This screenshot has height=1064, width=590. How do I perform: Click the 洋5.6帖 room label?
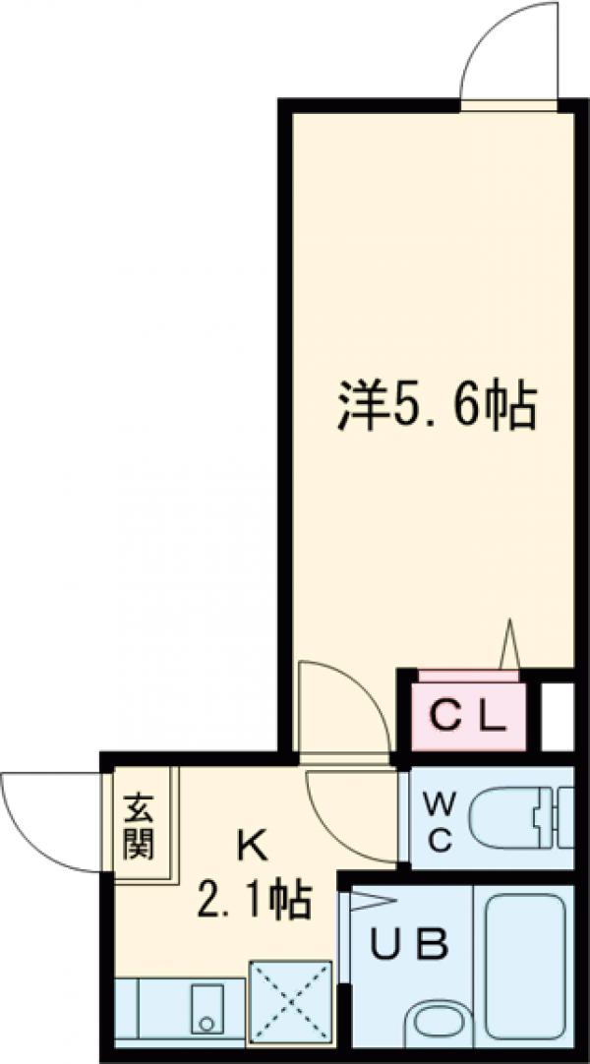tap(437, 406)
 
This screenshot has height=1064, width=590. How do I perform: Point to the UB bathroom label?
tap(409, 945)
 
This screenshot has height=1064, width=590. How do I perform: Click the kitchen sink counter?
tap(177, 1014)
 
